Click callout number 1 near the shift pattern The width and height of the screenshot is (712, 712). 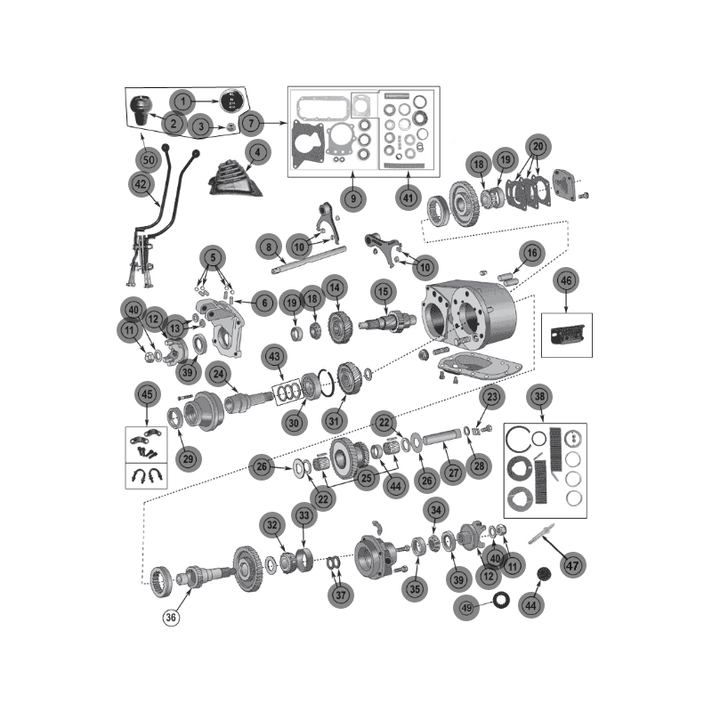tap(182, 101)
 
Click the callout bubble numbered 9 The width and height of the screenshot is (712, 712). tap(353, 198)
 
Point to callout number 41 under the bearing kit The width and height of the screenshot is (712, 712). tap(408, 198)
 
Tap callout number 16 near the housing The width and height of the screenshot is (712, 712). tap(531, 254)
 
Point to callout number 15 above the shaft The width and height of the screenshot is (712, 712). tap(383, 290)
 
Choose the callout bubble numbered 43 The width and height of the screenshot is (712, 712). tap(275, 356)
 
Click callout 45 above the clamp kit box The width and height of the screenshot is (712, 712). tap(147, 393)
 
